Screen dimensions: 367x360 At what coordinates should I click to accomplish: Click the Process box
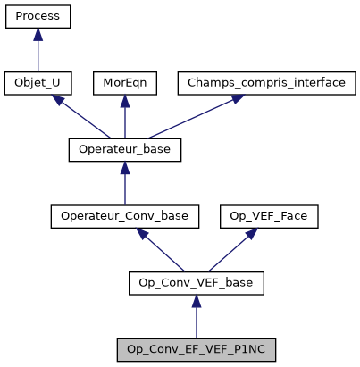coord(38,16)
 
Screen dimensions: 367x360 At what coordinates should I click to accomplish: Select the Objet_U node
coord(38,83)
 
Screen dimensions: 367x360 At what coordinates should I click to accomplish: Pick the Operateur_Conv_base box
coord(125,216)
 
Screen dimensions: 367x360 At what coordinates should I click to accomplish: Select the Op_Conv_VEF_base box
coord(197,283)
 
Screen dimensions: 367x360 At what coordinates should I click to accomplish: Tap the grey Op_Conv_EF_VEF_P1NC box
coord(197,349)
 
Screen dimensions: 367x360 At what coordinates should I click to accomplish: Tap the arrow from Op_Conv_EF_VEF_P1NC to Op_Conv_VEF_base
coord(197,316)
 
